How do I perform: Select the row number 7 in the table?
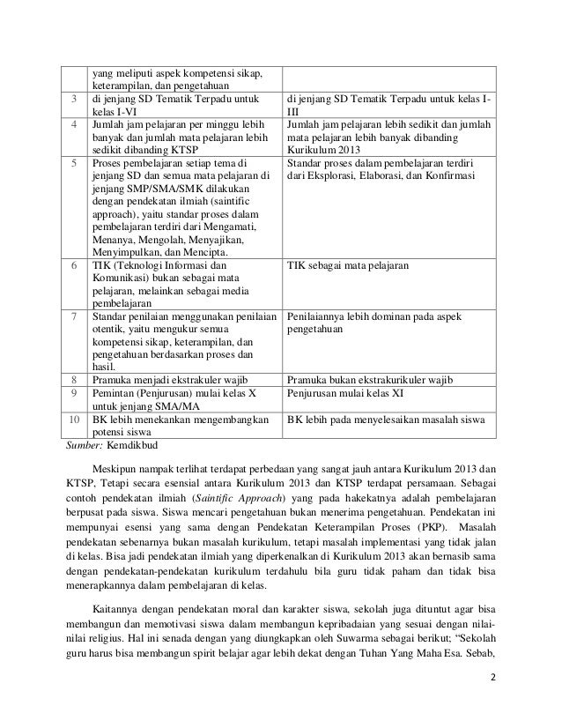point(75,316)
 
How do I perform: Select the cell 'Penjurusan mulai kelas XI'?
point(345,393)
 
